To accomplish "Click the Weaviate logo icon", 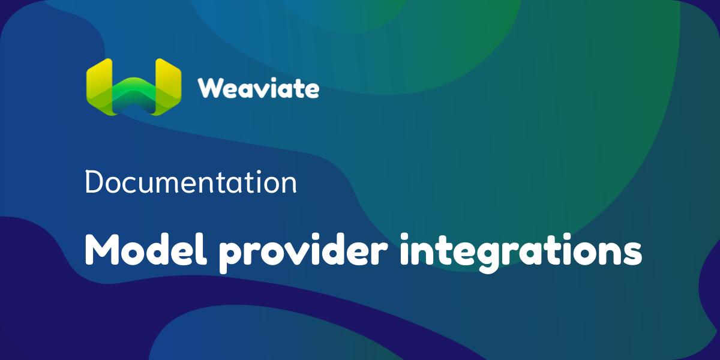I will click(x=133, y=87).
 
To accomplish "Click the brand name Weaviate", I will click(x=259, y=89).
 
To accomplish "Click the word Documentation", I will click(x=191, y=182).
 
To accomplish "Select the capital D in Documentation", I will click(x=94, y=182).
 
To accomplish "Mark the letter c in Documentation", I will click(x=129, y=185).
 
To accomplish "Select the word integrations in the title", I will click(x=520, y=252).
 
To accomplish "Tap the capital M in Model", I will click(x=101, y=250).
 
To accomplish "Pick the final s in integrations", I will click(x=632, y=253).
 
